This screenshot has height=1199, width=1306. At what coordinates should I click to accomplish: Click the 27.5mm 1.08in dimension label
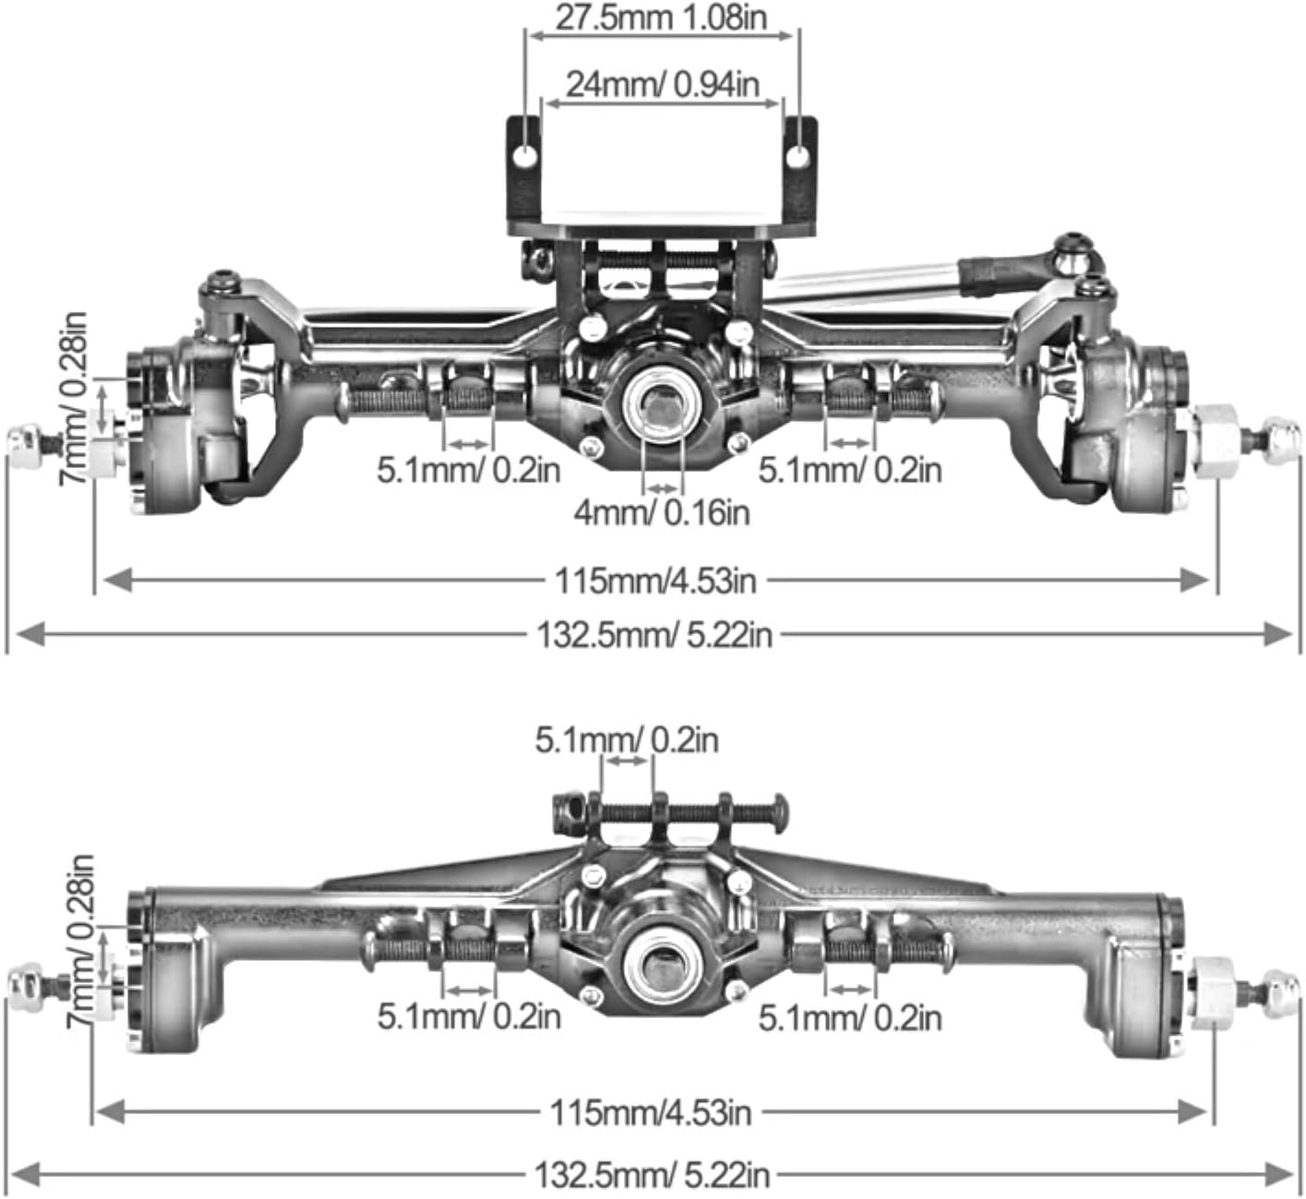[661, 18]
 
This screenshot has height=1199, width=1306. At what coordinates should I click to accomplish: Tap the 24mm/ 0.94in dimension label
[663, 85]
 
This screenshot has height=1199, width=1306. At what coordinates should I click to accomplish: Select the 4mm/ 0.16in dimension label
[662, 512]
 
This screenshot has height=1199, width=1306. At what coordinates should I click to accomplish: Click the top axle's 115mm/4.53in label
[655, 581]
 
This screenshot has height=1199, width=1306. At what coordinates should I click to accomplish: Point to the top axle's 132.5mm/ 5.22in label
[654, 634]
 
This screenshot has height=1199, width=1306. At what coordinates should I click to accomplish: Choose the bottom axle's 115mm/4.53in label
[651, 1113]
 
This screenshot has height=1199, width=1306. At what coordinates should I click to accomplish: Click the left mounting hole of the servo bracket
[525, 156]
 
